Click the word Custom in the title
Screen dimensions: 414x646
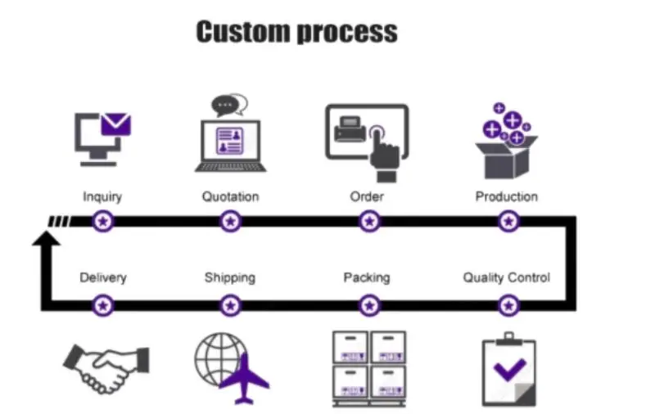tap(243, 32)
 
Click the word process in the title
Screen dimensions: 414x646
tap(347, 33)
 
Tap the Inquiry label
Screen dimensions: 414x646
tap(102, 196)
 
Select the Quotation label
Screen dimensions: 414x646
tap(230, 196)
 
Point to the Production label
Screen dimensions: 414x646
tap(507, 196)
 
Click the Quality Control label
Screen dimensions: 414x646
tap(506, 277)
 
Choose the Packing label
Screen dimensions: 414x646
tap(366, 277)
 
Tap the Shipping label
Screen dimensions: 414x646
tap(229, 277)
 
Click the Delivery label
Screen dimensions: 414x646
tap(103, 277)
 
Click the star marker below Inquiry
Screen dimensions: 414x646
tap(103, 221)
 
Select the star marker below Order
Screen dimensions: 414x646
tap(370, 221)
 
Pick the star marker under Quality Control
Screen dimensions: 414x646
tap(509, 305)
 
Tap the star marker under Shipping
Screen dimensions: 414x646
tap(231, 305)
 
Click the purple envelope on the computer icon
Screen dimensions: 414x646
tap(115, 124)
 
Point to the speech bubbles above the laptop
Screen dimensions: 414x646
tap(229, 106)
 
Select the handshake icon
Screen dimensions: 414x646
tap(107, 367)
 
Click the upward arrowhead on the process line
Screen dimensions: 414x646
tap(46, 238)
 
